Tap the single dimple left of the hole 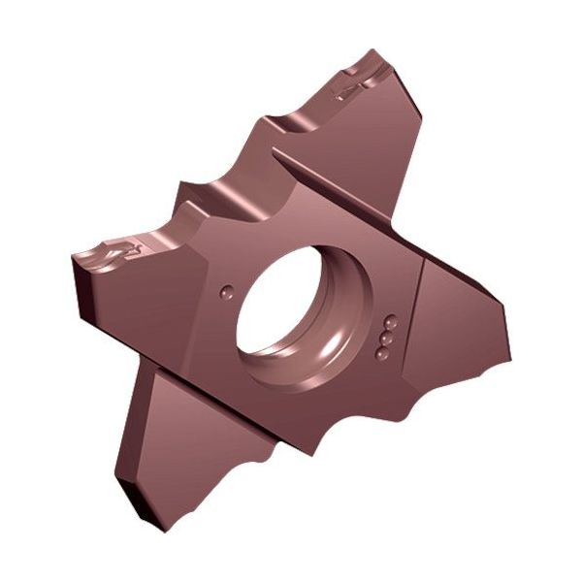pos(226,288)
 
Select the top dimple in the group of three pos(391,319)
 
